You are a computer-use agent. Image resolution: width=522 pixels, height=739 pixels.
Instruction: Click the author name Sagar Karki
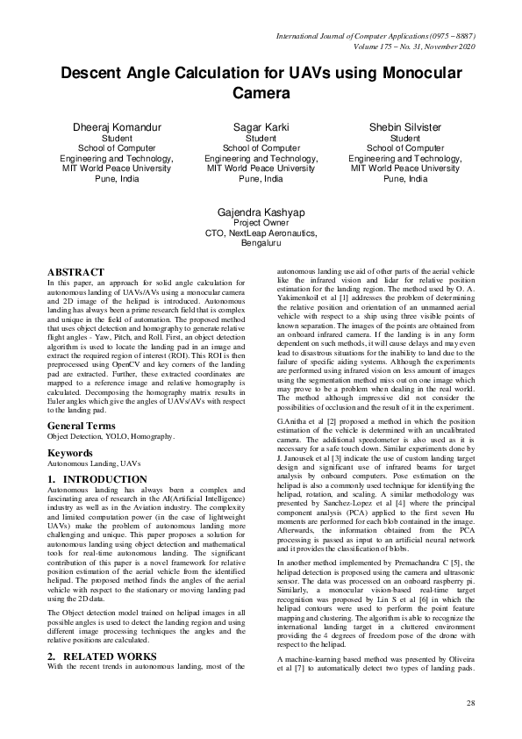261,127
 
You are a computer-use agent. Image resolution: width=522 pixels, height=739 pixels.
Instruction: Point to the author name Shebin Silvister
405,127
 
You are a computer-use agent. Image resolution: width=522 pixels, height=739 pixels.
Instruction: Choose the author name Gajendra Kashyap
261,212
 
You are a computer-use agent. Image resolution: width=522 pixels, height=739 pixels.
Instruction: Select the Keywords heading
70,453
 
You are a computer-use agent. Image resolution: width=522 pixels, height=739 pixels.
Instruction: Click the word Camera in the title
261,92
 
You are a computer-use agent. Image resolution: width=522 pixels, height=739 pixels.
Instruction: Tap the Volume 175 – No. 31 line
412,46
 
